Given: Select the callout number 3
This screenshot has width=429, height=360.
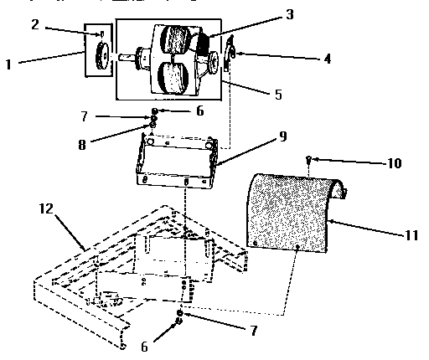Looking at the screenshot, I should (x=265, y=14).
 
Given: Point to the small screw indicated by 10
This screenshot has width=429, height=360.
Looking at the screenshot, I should (x=310, y=158).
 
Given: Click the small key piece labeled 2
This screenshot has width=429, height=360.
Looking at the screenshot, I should (x=101, y=34).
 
